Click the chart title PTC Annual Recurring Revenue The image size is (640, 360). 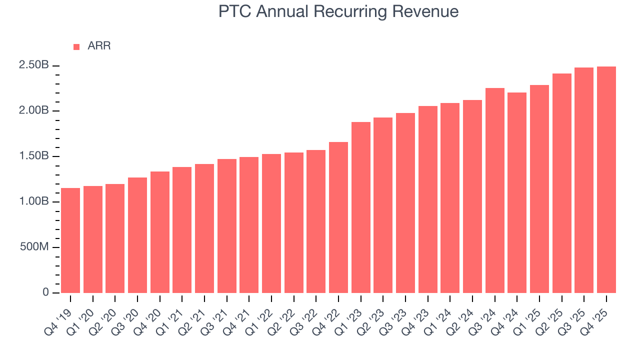point(338,11)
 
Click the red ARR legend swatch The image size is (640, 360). point(76,46)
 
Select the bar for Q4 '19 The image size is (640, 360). point(70,240)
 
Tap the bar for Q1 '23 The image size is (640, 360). point(361,207)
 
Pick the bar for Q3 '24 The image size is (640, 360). point(495,190)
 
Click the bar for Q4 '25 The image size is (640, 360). point(606,180)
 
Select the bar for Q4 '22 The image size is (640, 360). point(338,217)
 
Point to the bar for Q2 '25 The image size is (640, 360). point(562,183)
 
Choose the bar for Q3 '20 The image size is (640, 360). point(137,235)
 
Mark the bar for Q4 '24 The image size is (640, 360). point(517,192)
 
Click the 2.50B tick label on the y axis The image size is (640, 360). point(34,65)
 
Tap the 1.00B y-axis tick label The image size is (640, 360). point(34,202)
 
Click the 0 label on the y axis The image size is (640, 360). point(46,292)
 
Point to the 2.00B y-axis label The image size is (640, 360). point(34,111)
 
